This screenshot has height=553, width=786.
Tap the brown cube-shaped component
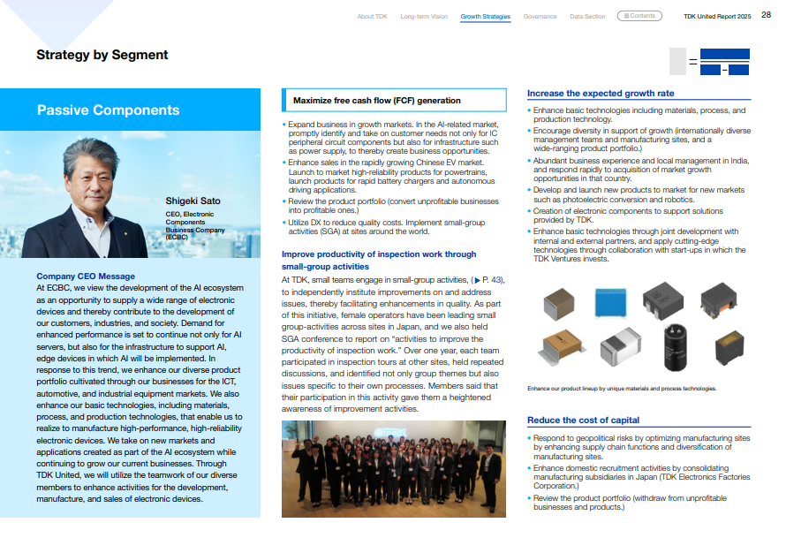click(x=561, y=306)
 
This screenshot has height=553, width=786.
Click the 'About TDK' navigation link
click(x=372, y=16)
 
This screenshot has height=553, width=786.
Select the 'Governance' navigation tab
click(x=540, y=16)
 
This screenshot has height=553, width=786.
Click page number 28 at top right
click(x=766, y=15)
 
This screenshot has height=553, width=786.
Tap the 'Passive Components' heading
click(x=108, y=110)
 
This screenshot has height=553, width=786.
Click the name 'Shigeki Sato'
click(x=193, y=201)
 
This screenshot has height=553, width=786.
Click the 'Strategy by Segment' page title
click(x=102, y=55)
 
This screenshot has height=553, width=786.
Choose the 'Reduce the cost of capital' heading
click(x=583, y=420)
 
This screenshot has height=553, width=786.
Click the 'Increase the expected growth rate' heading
click(x=601, y=93)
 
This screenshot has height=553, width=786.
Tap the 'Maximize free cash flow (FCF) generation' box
click(x=394, y=101)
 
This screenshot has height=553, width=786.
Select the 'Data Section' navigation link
click(x=587, y=16)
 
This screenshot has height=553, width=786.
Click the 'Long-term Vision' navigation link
click(x=424, y=16)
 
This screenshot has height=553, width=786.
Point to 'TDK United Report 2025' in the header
click(x=716, y=16)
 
